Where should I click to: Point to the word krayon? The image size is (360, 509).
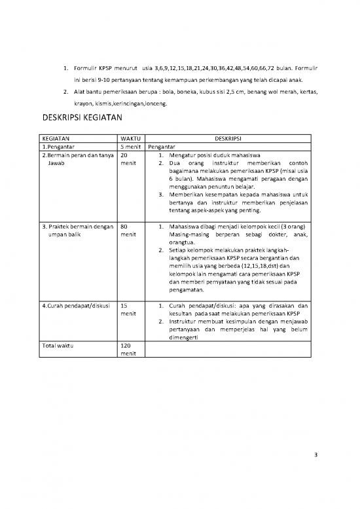[83, 104]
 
